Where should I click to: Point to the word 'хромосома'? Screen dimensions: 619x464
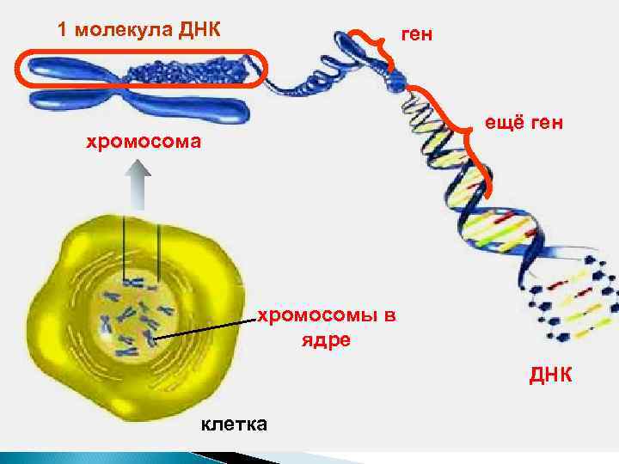click(x=144, y=141)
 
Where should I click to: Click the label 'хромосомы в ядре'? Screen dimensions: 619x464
click(x=328, y=327)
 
